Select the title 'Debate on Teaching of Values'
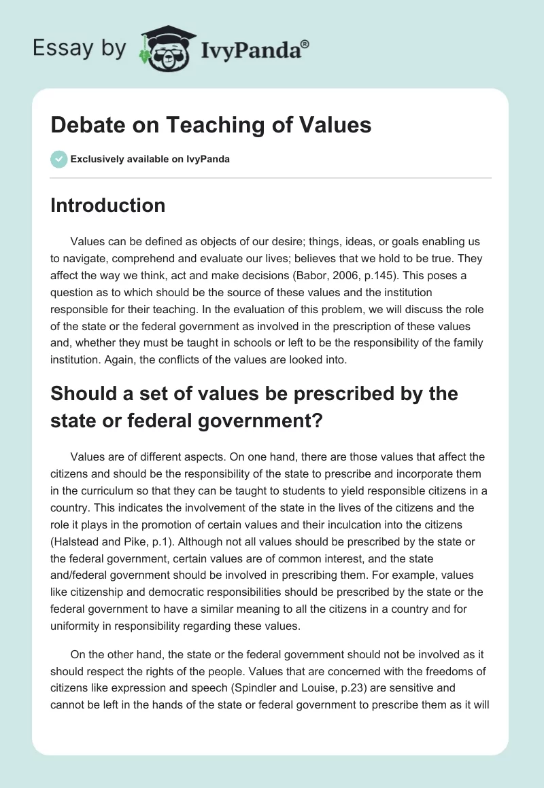click(x=211, y=126)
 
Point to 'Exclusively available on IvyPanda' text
click(x=150, y=159)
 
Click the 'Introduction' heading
click(x=107, y=205)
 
